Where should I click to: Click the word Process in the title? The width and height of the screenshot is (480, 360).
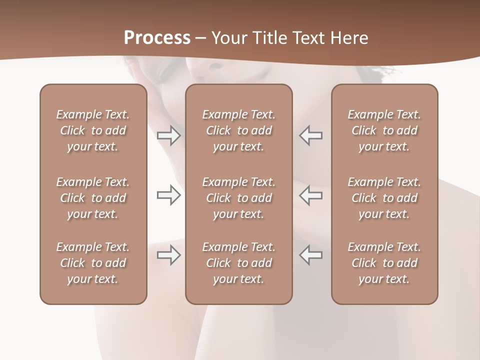(157, 38)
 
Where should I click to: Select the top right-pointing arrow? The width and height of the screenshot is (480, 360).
(168, 135)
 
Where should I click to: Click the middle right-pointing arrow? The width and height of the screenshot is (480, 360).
(168, 195)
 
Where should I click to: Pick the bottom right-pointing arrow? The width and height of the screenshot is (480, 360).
(168, 255)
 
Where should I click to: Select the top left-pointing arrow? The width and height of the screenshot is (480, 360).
(310, 135)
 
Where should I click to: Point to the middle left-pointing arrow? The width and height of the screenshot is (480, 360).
(310, 195)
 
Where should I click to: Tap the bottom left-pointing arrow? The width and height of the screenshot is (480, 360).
(310, 255)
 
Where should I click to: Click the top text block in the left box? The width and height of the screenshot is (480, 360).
(93, 130)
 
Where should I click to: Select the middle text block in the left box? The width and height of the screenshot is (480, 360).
(93, 198)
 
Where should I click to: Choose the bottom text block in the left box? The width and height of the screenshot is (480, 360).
(93, 263)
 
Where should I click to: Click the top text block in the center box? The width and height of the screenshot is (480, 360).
(239, 130)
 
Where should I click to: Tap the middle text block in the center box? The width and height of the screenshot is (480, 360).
(239, 198)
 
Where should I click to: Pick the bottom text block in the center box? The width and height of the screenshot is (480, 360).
(239, 263)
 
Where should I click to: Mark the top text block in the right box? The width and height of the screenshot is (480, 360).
(384, 130)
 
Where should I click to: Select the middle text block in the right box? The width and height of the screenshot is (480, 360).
(384, 198)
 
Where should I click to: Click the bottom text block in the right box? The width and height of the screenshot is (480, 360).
(384, 263)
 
